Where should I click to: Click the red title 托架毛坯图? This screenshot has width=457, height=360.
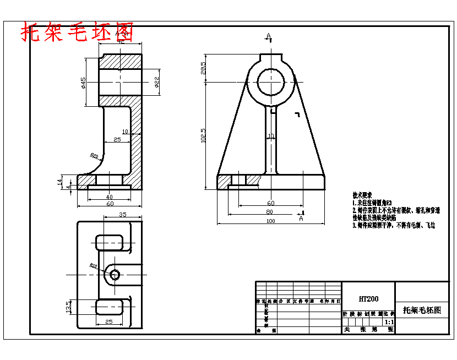point(77,32)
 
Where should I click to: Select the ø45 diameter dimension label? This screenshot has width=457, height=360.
point(83,82)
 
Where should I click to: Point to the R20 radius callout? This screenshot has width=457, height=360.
point(94,156)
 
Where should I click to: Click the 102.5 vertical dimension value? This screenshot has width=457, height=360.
point(203,135)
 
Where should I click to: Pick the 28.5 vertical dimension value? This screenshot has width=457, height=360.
point(203,67)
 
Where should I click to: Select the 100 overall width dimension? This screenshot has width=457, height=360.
point(270,221)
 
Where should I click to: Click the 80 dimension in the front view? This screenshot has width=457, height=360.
point(269,212)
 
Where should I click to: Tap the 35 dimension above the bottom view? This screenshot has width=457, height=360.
point(122,215)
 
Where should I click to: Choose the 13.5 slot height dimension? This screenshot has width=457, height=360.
point(68,306)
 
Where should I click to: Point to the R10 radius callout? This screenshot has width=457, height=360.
point(93,266)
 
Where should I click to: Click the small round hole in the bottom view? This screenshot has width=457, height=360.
point(115,274)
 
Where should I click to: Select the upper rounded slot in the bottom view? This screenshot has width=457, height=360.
point(109,242)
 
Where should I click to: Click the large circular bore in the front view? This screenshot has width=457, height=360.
point(270,82)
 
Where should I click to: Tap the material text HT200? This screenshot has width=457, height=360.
point(368,299)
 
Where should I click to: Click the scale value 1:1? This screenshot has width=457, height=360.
point(389,321)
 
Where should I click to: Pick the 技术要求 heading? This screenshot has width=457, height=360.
point(362,195)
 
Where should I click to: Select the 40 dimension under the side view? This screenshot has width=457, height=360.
point(109,197)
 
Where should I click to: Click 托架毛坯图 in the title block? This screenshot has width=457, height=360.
point(422,310)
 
